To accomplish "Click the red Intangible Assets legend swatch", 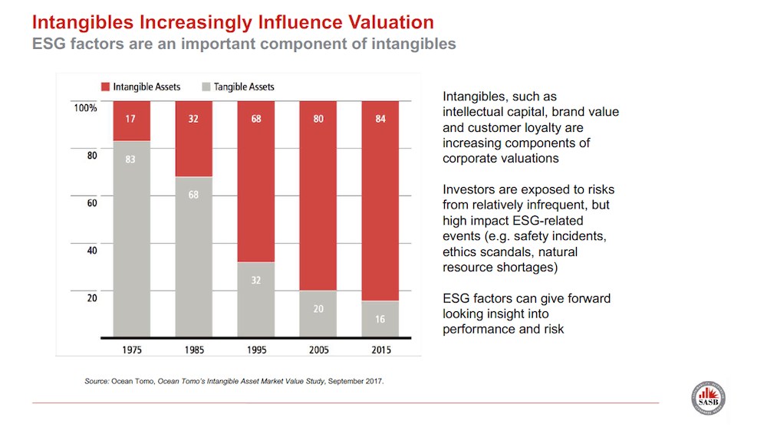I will [x=105, y=87].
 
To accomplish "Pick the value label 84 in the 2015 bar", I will [x=380, y=118].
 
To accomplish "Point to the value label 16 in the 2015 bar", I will [x=380, y=319].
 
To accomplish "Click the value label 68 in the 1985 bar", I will [x=193, y=195].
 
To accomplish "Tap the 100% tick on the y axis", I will [x=85, y=108].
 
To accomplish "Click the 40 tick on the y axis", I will [x=91, y=250].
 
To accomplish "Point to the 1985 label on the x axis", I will [x=193, y=350].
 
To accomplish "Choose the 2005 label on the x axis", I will [x=318, y=350].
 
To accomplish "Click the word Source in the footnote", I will [x=97, y=380].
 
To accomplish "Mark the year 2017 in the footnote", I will [x=373, y=380].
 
